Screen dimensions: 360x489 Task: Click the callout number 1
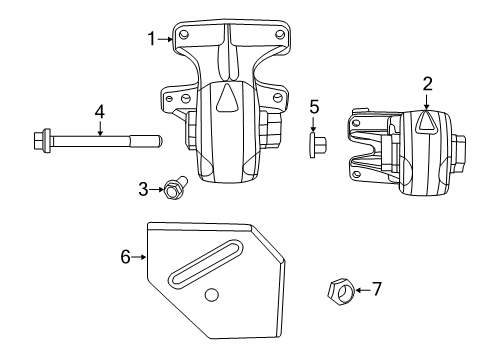point(152,39)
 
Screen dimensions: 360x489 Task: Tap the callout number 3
point(143,187)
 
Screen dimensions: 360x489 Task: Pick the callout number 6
point(126,257)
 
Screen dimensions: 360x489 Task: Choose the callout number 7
point(376,290)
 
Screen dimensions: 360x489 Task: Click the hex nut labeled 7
point(339,292)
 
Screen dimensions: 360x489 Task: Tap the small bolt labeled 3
point(175,185)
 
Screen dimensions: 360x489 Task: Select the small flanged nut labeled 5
point(313,146)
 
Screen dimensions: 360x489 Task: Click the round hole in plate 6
point(211,294)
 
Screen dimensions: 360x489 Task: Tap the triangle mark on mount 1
point(228,98)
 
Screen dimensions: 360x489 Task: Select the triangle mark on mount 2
point(425,123)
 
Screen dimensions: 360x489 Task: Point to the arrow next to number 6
point(139,257)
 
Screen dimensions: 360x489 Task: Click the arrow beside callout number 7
point(363,290)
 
